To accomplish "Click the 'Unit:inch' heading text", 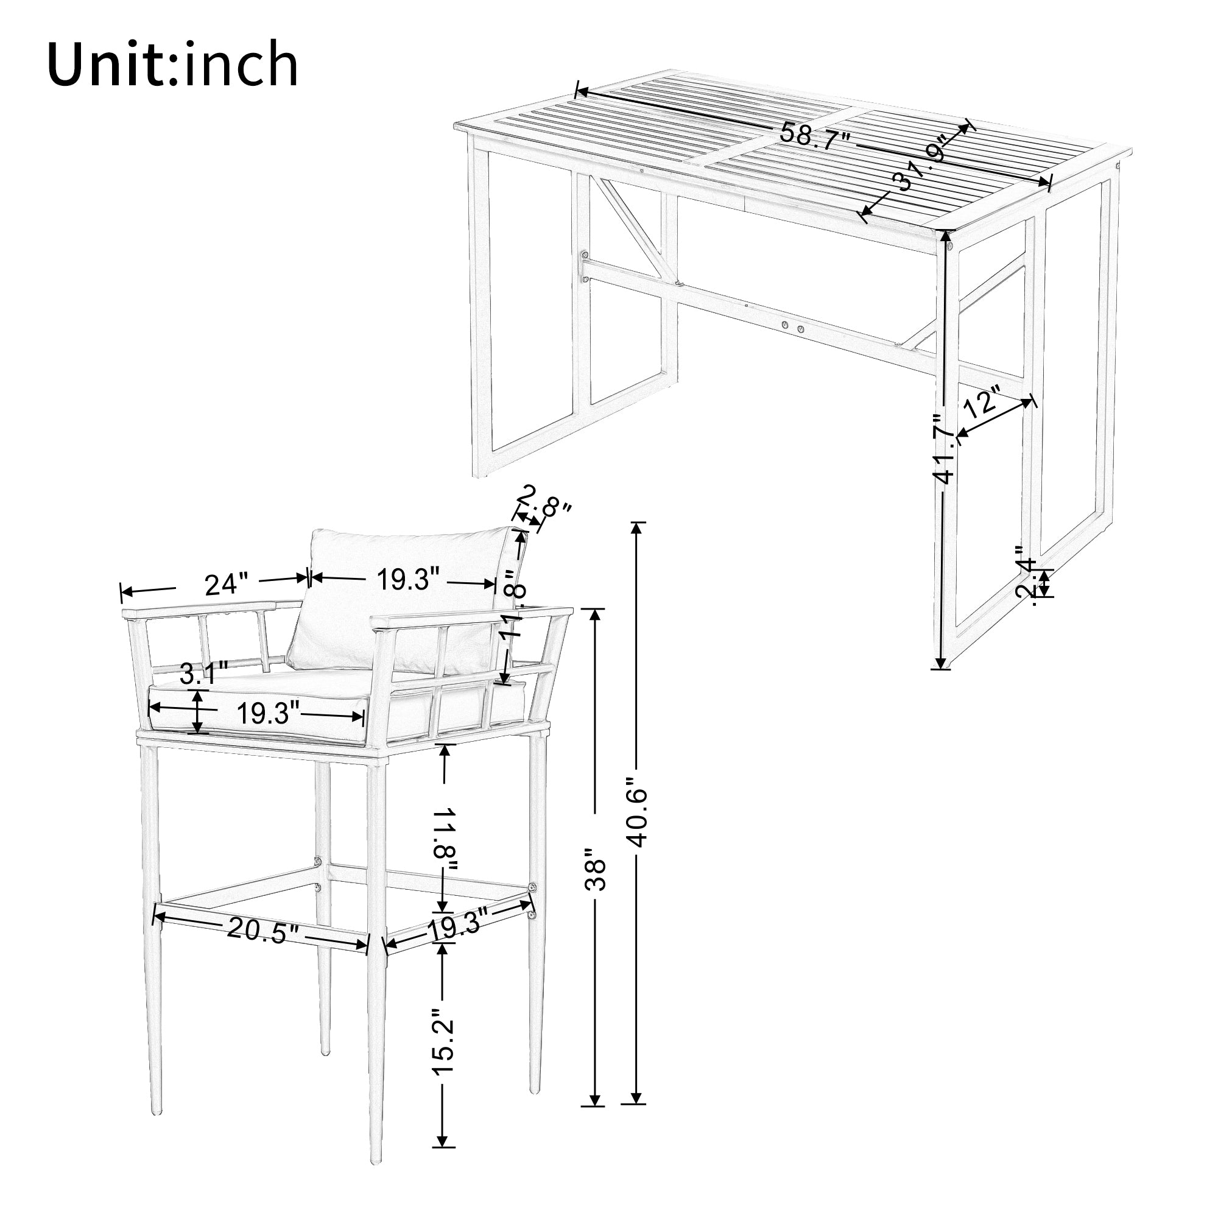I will point(172,65).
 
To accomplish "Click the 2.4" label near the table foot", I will point(1026,581).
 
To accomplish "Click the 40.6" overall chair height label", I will point(638,817).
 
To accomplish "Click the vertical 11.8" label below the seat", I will point(445,841).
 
